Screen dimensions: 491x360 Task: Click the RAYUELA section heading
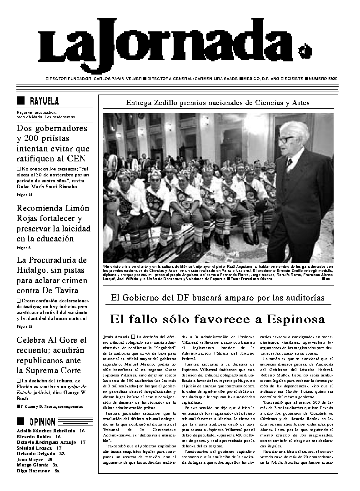(44, 101)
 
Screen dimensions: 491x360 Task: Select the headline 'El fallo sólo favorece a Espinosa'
(217, 319)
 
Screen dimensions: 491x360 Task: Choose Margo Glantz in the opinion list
(33, 465)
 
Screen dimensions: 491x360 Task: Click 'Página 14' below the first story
(25, 195)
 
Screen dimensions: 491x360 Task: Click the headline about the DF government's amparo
(218, 298)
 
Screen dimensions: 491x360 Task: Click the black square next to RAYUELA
(20, 101)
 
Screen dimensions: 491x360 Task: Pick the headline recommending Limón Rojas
(53, 223)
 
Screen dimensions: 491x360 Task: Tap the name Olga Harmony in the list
(33, 471)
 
